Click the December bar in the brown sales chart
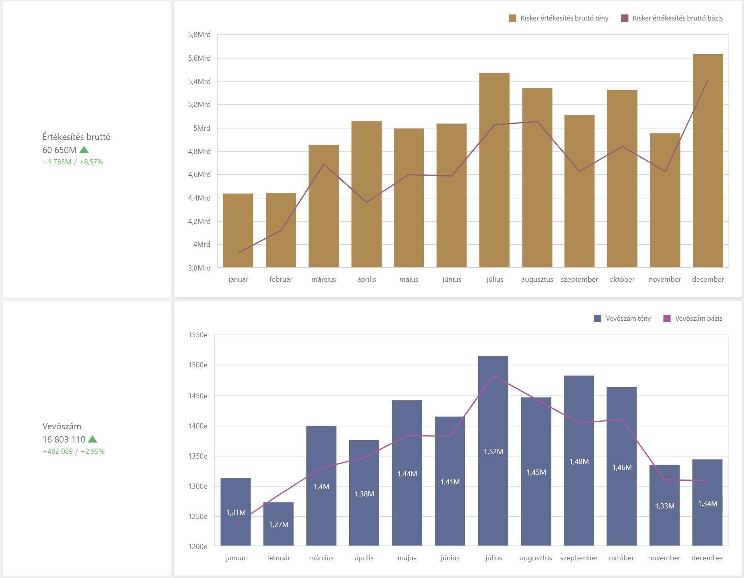pos(708,161)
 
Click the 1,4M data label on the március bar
pos(321,487)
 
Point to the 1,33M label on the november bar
pos(664,506)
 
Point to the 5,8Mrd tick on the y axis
pos(199,35)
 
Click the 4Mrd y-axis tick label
pos(202,244)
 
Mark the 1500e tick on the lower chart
pos(198,365)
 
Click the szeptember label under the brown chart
pos(579,279)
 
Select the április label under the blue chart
pos(364,558)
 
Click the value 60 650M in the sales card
pos(60,150)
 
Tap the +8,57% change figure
pos(91,162)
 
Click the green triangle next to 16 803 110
pos(92,439)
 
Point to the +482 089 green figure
pos(58,451)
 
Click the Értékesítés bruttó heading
pos(76,137)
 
